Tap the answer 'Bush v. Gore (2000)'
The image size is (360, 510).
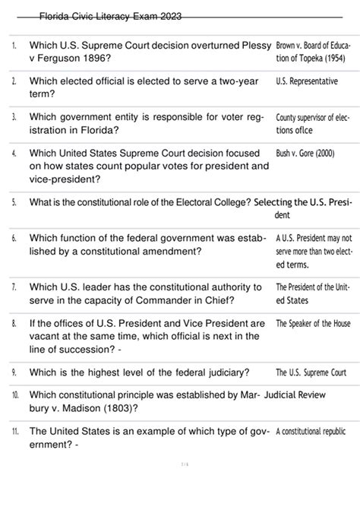pos(305,154)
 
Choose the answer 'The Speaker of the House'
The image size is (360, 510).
pos(313,323)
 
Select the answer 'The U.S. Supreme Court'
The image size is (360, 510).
pos(311,372)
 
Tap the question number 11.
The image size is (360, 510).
pos(15,431)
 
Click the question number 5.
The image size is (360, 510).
pos(15,203)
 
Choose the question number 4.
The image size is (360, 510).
pos(15,154)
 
